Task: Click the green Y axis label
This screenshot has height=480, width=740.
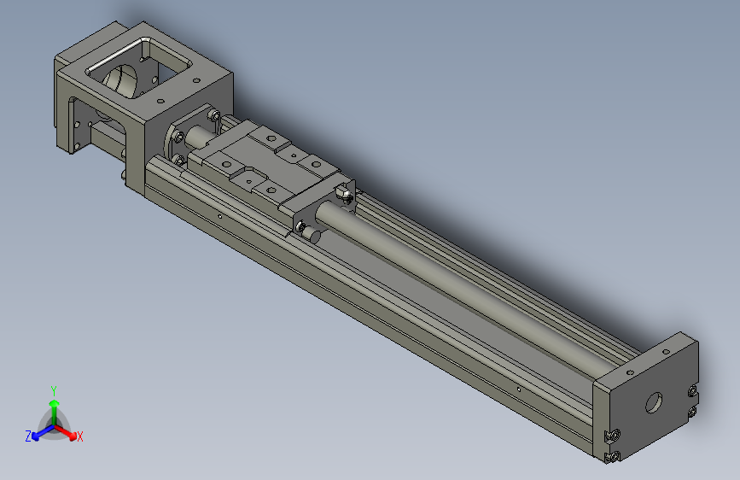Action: click(54, 389)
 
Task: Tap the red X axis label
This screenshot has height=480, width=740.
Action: click(80, 437)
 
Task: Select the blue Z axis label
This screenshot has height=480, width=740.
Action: click(28, 436)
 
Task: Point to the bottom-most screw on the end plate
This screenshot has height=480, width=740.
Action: click(610, 459)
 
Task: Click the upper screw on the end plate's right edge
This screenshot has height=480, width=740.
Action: click(691, 392)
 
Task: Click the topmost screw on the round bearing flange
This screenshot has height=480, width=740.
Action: click(211, 115)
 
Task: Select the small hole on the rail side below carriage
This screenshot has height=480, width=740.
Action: click(219, 217)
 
